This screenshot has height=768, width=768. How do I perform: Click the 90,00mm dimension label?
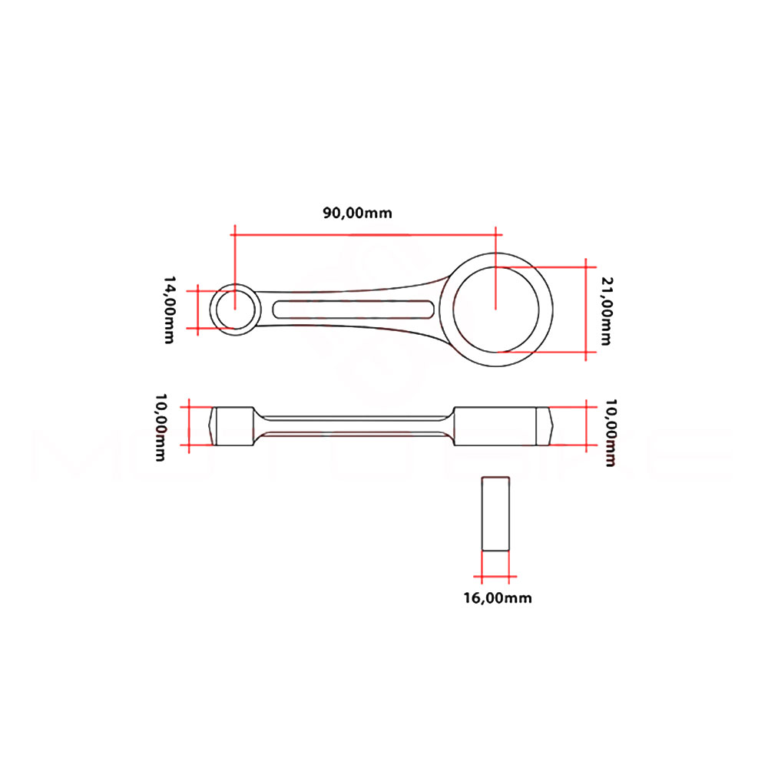(x=356, y=213)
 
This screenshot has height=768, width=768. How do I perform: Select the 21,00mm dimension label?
(x=606, y=311)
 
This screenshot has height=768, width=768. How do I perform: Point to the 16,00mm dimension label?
(x=497, y=598)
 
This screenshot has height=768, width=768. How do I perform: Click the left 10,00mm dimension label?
(x=161, y=427)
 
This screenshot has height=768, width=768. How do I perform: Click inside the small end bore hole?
(x=235, y=310)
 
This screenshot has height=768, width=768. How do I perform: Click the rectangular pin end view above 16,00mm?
(x=495, y=513)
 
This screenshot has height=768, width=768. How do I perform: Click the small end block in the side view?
(x=234, y=425)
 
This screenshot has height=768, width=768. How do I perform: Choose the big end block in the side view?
(x=495, y=425)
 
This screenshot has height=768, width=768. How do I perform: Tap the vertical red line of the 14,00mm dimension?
(x=198, y=310)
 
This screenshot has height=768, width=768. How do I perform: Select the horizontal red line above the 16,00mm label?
(x=495, y=577)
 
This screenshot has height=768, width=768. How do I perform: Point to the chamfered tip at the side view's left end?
(x=214, y=425)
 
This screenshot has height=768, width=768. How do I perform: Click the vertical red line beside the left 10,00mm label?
(x=188, y=425)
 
